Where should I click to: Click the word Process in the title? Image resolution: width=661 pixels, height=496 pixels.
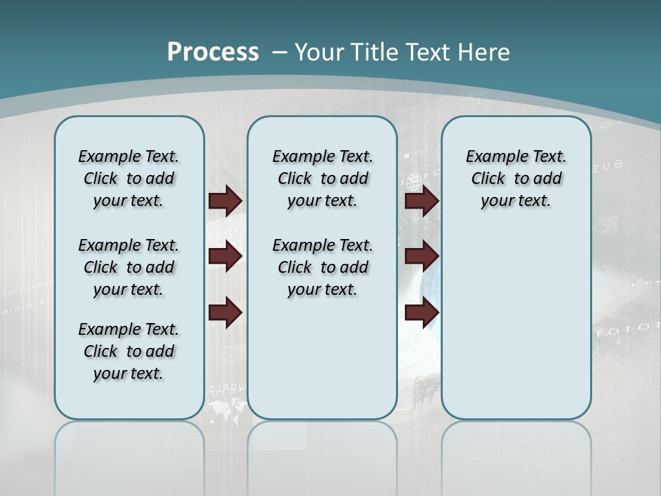click(213, 52)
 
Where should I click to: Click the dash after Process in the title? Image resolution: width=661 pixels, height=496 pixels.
click(280, 53)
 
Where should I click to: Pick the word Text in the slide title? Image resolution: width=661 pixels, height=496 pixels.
click(428, 52)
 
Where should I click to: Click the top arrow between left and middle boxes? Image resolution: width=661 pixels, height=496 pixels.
click(225, 200)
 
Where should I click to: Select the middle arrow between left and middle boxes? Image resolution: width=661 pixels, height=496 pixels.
click(225, 256)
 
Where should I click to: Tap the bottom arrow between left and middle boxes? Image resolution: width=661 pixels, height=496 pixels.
click(225, 312)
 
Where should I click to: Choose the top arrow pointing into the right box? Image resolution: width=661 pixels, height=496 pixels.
click(421, 200)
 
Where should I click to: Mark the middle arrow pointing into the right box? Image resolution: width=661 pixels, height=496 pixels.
click(421, 256)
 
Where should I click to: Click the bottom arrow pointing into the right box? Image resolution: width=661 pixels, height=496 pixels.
click(421, 312)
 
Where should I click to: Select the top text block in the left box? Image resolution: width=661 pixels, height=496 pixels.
click(129, 178)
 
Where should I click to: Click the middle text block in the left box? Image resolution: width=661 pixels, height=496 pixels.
click(129, 267)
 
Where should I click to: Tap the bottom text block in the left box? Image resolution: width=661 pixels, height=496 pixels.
click(129, 351)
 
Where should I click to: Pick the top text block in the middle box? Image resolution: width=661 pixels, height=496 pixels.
click(322, 178)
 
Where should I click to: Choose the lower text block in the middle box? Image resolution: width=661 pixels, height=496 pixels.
click(322, 267)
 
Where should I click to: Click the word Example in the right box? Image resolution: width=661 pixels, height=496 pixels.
click(490, 156)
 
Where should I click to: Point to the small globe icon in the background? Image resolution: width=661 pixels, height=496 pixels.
click(414, 183)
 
